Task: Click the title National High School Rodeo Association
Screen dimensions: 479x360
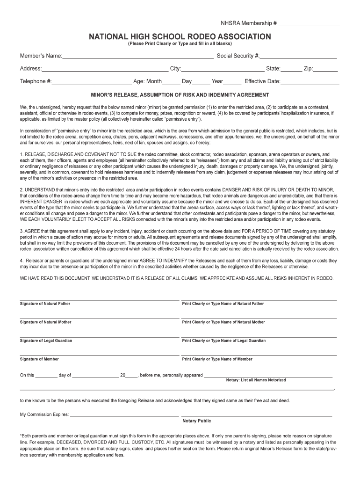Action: point(180,36)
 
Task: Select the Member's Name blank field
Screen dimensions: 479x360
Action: point(138,57)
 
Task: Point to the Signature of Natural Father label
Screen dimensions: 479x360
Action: point(45,304)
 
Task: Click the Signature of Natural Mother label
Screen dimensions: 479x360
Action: point(45,322)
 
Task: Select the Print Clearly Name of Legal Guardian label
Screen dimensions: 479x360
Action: point(224,341)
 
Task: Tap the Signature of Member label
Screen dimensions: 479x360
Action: point(39,359)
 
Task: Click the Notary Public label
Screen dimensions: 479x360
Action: point(196,421)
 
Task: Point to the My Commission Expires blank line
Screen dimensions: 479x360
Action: point(124,415)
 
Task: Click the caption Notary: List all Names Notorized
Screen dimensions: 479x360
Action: point(256,380)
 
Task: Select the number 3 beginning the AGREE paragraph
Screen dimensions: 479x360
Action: point(21,231)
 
